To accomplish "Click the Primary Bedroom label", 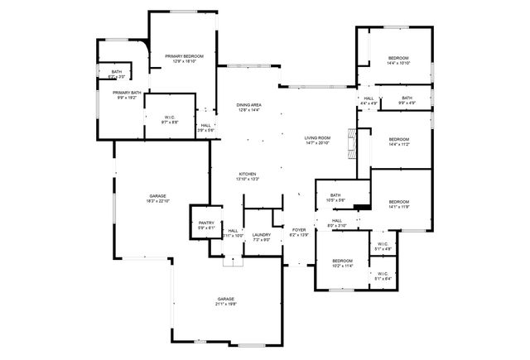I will point(178,56).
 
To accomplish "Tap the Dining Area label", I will point(249,105).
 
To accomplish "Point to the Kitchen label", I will point(248,174).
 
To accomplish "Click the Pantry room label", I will point(206,223).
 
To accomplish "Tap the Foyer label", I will point(299,229).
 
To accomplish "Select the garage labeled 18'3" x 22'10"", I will point(157,195).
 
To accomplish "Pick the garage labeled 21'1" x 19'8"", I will point(226,299).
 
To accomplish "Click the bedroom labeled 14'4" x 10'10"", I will point(398,57).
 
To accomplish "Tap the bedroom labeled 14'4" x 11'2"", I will point(398,139).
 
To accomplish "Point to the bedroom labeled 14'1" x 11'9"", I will point(399,202).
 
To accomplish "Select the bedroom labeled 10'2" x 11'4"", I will point(343,261).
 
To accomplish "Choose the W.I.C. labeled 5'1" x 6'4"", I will point(383,274).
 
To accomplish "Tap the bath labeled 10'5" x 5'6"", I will point(336,195).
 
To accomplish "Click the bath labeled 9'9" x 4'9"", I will point(407,98).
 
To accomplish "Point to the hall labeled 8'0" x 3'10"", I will point(336,221).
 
